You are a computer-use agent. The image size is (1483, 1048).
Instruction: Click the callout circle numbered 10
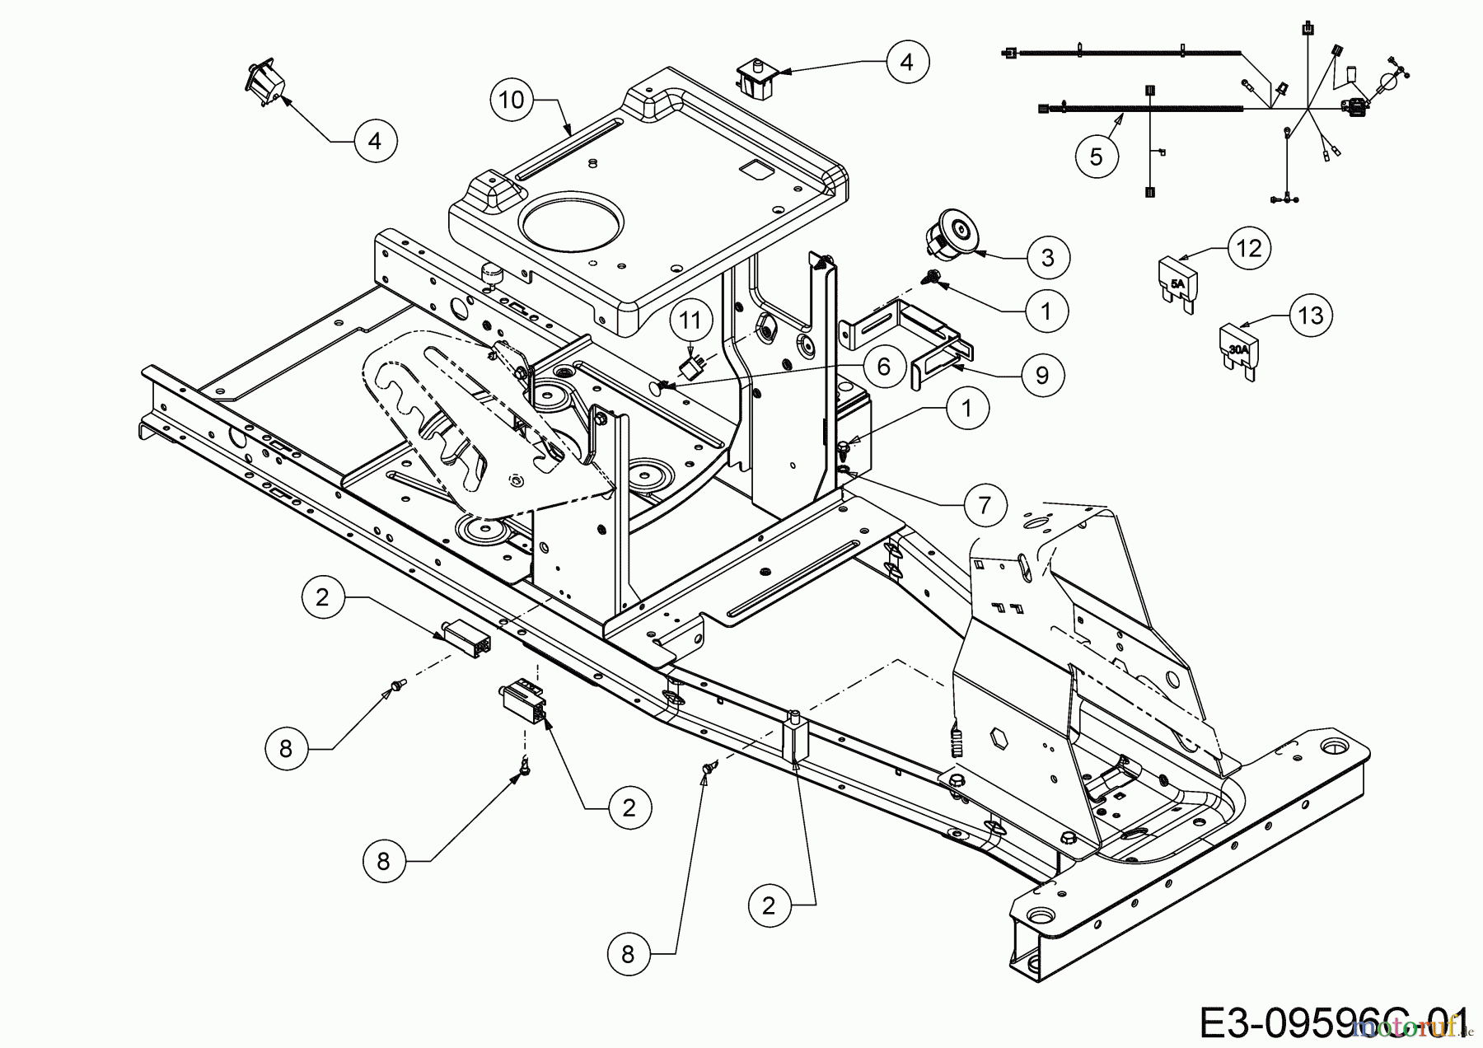click(x=512, y=100)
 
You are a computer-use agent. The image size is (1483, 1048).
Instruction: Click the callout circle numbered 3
click(x=1047, y=258)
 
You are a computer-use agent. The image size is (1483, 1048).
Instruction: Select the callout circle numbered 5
click(x=1097, y=157)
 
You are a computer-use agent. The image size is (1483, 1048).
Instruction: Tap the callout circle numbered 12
click(x=1250, y=247)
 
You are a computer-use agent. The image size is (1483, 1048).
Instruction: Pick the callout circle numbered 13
click(x=1311, y=315)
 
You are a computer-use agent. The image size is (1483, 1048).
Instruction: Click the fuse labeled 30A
click(x=1238, y=352)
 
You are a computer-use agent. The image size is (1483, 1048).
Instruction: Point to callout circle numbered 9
click(x=1042, y=376)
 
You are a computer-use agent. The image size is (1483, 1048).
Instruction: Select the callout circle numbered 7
click(x=985, y=504)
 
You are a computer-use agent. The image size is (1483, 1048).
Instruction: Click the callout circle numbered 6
click(x=884, y=366)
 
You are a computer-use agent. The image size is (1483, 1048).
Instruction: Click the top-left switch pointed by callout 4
click(x=264, y=83)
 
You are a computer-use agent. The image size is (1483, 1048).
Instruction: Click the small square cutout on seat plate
click(x=753, y=168)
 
